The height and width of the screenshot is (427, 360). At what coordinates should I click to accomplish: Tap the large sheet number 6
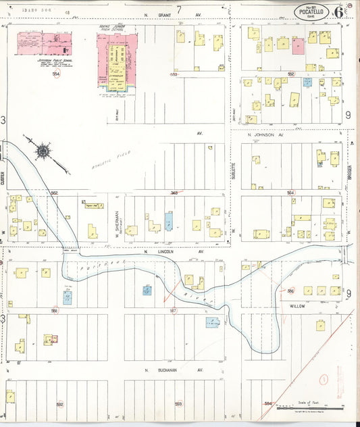tap(337, 12)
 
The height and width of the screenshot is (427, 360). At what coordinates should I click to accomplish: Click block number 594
tap(268, 404)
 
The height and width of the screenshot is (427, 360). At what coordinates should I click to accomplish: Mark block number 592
tap(59, 404)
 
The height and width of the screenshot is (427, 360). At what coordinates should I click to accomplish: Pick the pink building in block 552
tap(299, 45)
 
